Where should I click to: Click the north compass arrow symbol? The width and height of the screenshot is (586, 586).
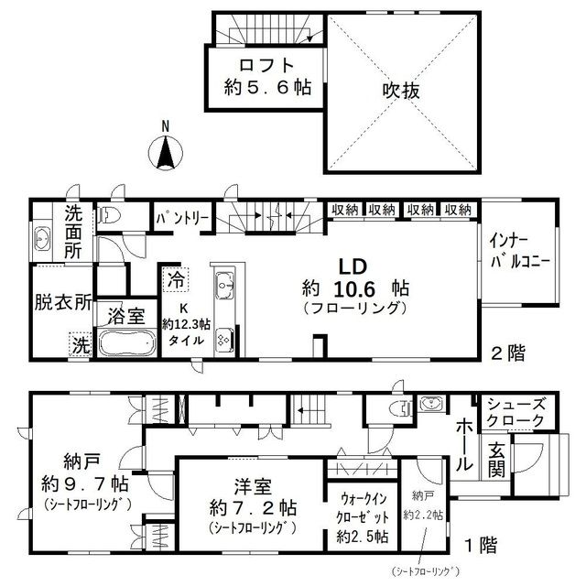tap(166, 153)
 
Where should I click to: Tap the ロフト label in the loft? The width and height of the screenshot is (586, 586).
tap(266, 66)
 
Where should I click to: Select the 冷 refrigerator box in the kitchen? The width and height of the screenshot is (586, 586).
tap(173, 274)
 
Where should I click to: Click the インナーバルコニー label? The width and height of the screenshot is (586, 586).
tap(519, 250)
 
